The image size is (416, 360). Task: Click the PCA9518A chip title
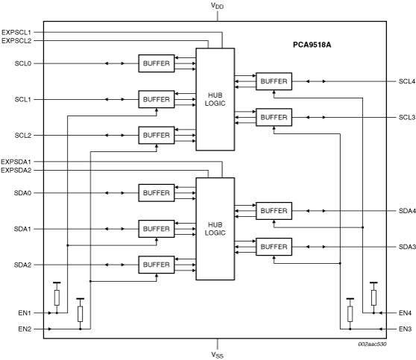312,45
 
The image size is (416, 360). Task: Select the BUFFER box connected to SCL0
157,63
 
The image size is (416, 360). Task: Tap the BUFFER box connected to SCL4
274,81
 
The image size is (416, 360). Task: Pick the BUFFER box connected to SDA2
157,265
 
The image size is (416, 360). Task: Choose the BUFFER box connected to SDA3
274,247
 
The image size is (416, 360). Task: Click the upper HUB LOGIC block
215,99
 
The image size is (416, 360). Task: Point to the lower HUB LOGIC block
215,229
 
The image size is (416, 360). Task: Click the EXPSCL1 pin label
16,32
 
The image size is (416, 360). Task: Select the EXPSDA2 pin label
16,171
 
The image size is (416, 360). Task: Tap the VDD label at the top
217,6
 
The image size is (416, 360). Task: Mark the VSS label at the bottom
217,355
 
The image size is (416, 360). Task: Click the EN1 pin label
25,313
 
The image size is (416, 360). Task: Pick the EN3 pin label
405,329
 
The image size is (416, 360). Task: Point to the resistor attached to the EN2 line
80,314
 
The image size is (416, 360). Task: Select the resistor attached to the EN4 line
374,297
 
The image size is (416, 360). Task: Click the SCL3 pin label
407,117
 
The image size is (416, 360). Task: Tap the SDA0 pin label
22,193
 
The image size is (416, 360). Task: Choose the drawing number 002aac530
372,344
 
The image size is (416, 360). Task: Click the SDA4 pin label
407,211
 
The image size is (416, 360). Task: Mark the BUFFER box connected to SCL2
157,136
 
